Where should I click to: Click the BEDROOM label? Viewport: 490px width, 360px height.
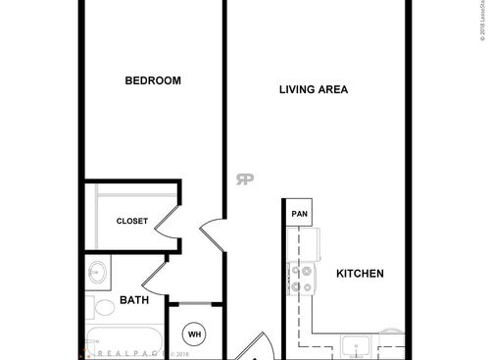pyautogui.click(x=153, y=81)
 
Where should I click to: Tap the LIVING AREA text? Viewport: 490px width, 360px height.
pyautogui.click(x=314, y=89)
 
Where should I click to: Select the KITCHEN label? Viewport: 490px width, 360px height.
pyautogui.click(x=360, y=274)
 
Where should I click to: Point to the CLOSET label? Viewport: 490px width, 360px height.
pyautogui.click(x=132, y=222)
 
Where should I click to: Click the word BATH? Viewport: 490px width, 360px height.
pyautogui.click(x=134, y=300)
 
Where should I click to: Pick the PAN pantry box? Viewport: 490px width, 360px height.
pyautogui.click(x=299, y=212)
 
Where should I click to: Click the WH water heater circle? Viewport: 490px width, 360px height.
pyautogui.click(x=194, y=334)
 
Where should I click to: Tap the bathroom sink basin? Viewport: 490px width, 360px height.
pyautogui.click(x=98, y=272)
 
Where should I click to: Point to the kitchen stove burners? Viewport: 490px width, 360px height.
pyautogui.click(x=303, y=277)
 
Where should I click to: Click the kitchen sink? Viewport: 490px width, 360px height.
pyautogui.click(x=357, y=346)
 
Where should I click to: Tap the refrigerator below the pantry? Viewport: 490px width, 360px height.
pyautogui.click(x=300, y=240)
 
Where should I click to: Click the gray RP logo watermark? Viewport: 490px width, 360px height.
pyautogui.click(x=244, y=179)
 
